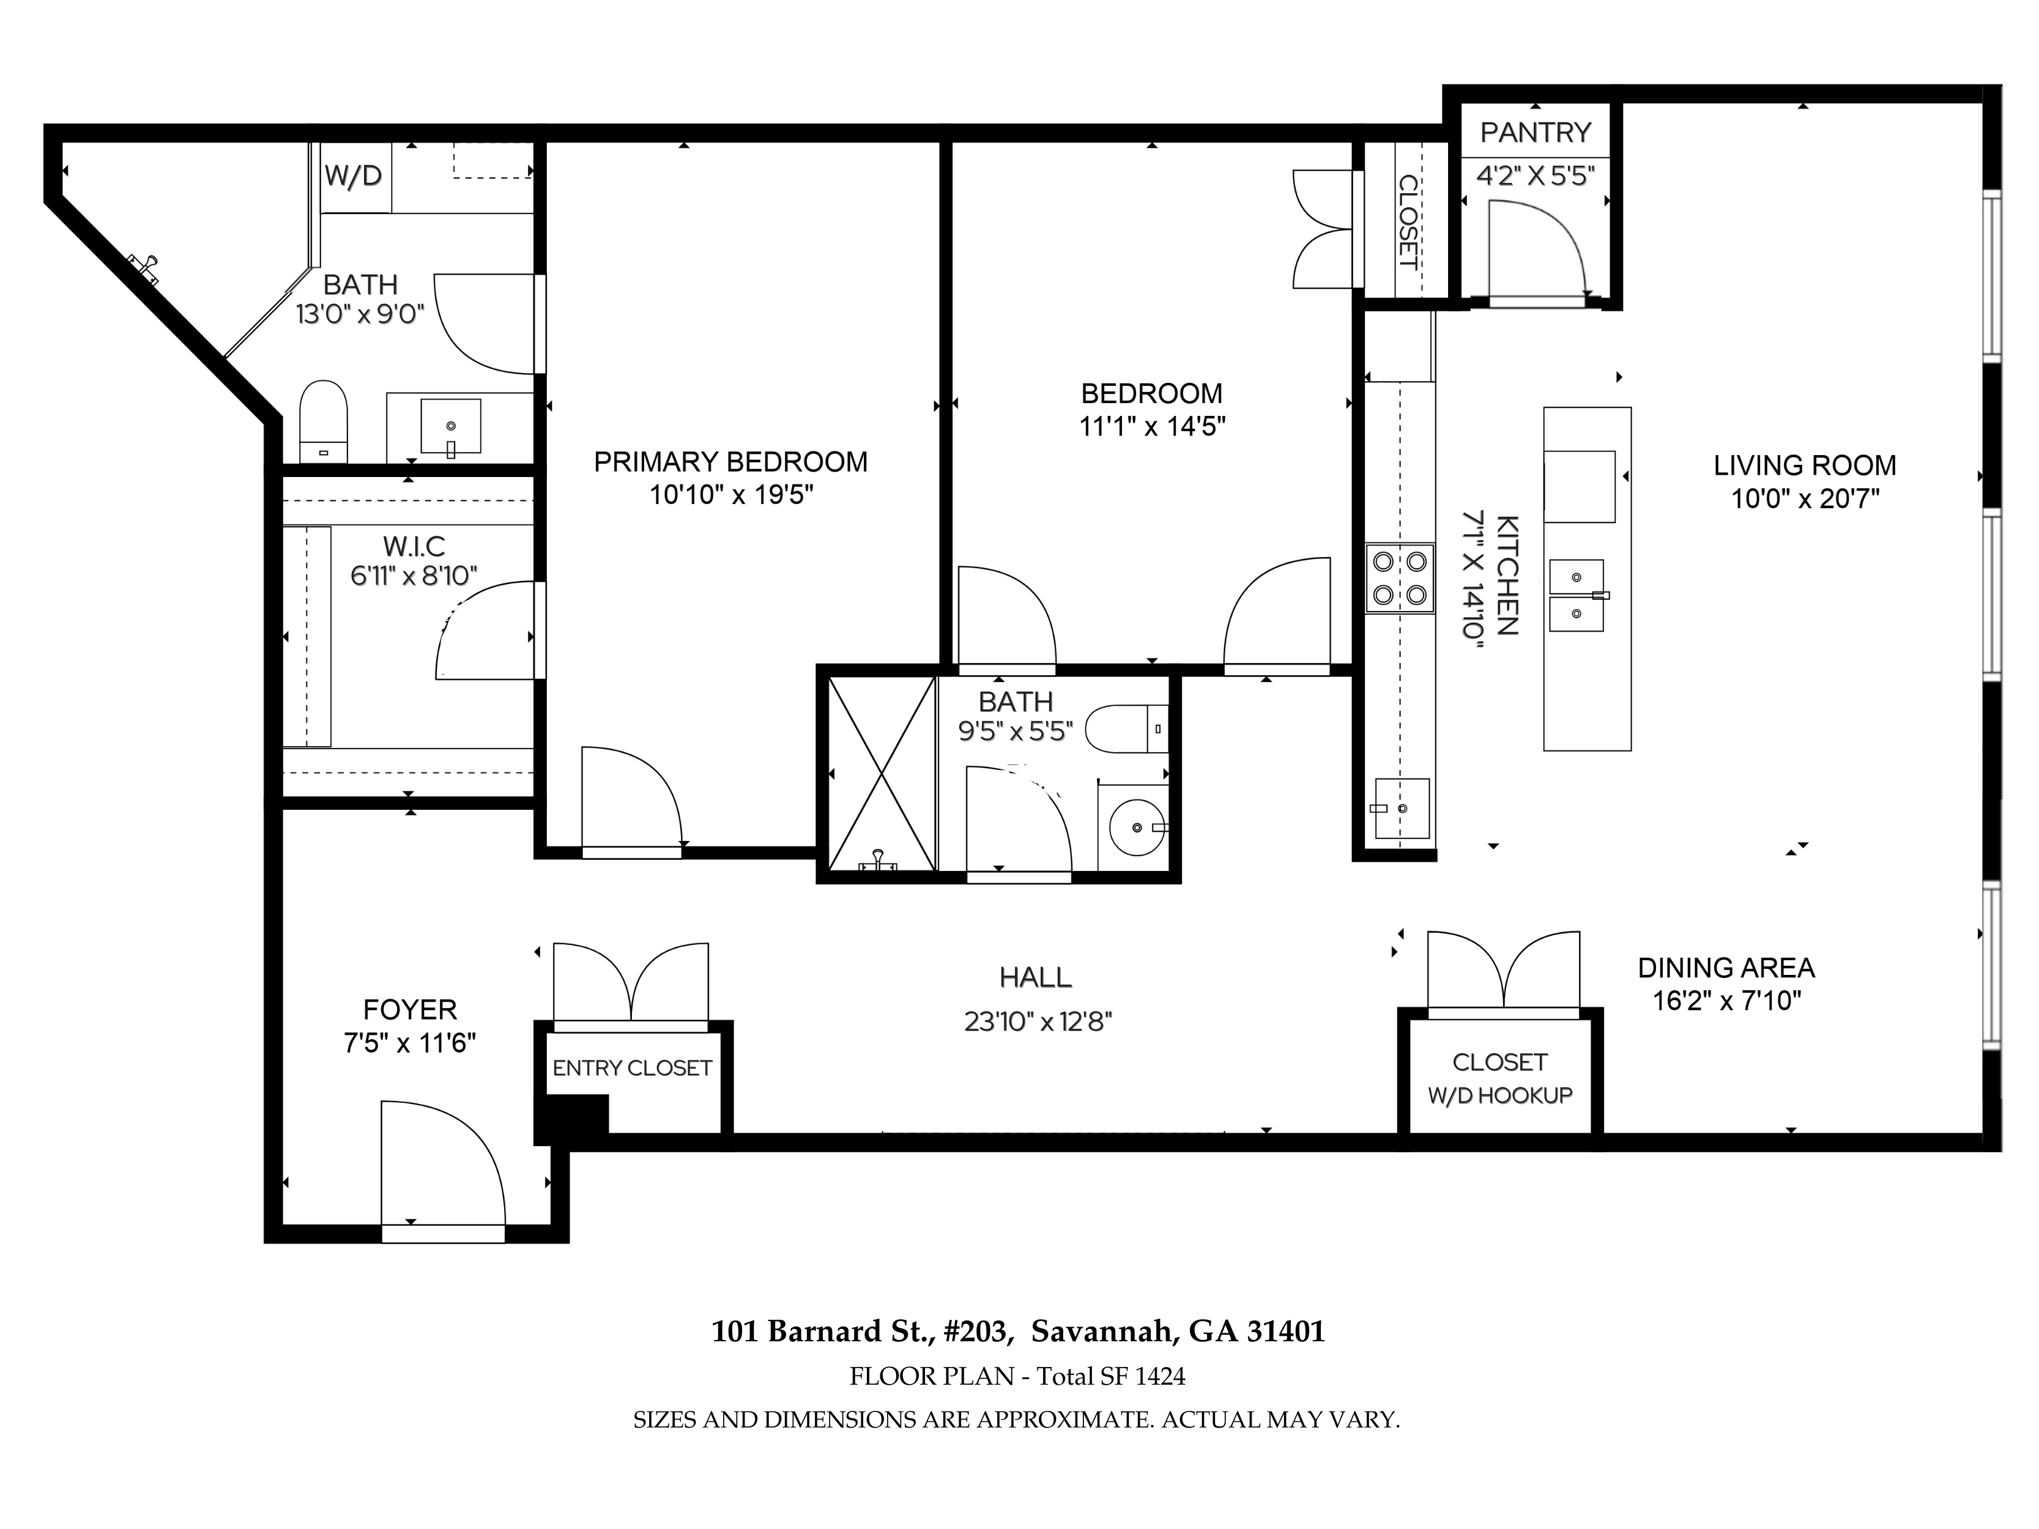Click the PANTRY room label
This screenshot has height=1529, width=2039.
point(1536,133)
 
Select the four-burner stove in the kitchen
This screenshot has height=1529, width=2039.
point(1399,578)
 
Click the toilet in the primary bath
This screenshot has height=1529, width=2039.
point(324,422)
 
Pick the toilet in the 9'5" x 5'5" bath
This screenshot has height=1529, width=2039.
point(1126,729)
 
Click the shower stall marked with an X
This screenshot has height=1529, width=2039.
point(882,773)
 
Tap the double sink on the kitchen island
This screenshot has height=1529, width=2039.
point(1577,595)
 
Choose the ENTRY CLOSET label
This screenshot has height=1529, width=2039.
point(633,1068)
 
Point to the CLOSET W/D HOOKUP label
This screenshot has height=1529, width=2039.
point(1500,1078)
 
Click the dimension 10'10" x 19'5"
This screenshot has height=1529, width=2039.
point(731,495)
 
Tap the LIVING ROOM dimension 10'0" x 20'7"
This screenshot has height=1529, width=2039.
point(1805,498)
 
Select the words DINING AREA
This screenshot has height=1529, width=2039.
point(1726,968)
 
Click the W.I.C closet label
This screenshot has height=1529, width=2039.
point(414,547)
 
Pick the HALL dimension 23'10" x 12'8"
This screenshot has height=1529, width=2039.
point(1038,1021)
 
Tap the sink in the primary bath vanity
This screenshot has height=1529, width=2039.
point(451,427)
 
